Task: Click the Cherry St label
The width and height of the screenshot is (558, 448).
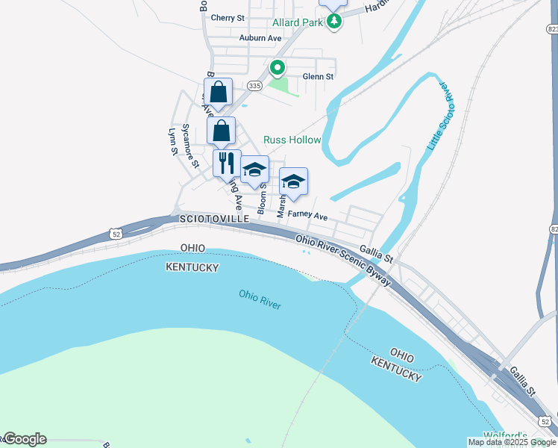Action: pyautogui.click(x=228, y=18)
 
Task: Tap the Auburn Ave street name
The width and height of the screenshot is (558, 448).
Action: pyautogui.click(x=260, y=37)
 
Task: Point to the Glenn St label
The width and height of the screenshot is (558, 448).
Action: pyautogui.click(x=318, y=76)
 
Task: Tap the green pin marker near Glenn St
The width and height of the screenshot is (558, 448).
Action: pyautogui.click(x=278, y=68)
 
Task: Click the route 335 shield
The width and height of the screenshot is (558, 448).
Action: pyautogui.click(x=254, y=86)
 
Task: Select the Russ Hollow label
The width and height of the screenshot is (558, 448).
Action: pyautogui.click(x=292, y=140)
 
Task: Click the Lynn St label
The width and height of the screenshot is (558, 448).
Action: pyautogui.click(x=173, y=141)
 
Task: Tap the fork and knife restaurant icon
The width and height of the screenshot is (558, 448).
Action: pyautogui.click(x=227, y=162)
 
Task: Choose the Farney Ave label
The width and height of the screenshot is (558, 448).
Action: pyautogui.click(x=308, y=217)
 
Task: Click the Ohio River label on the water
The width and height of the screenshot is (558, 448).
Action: pyautogui.click(x=260, y=299)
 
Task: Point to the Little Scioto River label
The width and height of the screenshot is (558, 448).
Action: pyautogui.click(x=439, y=116)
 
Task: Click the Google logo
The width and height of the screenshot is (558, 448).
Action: pyautogui.click(x=25, y=439)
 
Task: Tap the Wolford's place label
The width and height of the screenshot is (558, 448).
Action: pyautogui.click(x=505, y=436)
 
